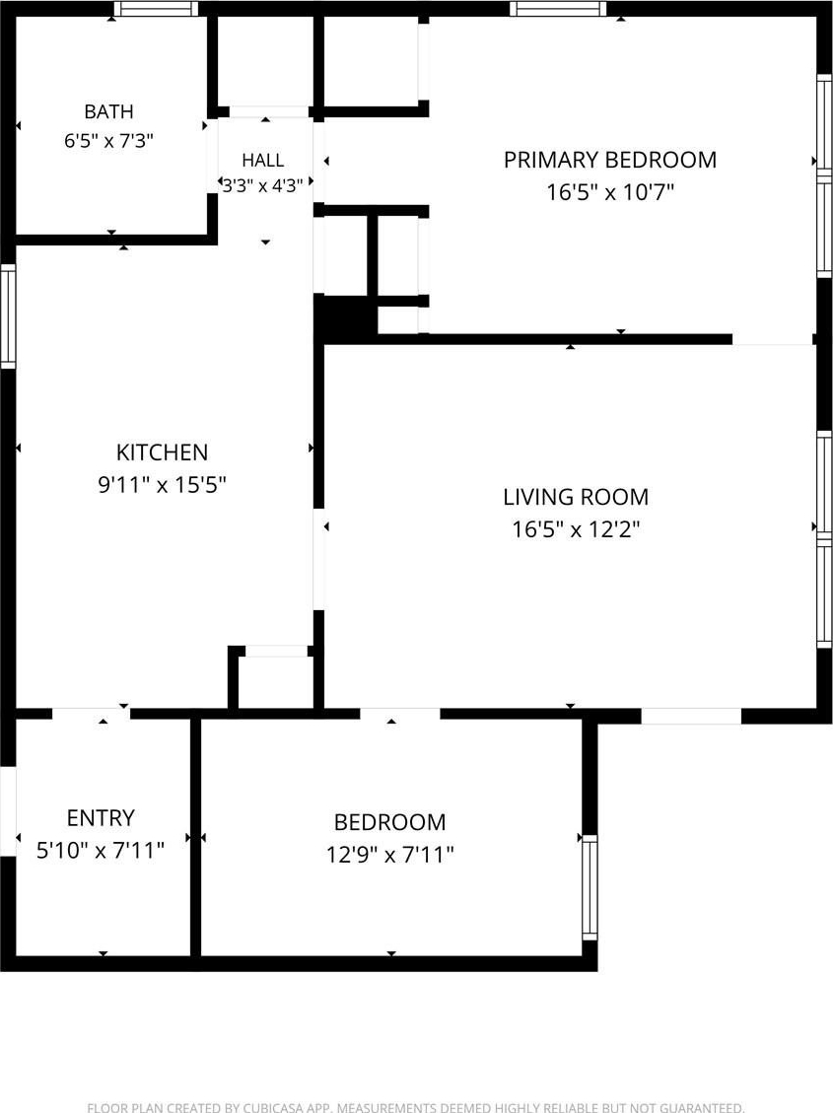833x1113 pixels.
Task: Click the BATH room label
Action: [x=108, y=111]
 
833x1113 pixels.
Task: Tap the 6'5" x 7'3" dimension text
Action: [x=108, y=141]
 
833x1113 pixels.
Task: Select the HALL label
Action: [x=262, y=161]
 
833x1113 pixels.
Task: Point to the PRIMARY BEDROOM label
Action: [x=610, y=160]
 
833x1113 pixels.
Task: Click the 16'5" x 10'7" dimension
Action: [x=610, y=192]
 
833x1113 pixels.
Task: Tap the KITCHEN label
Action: [x=162, y=452]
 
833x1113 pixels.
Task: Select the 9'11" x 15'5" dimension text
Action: [x=162, y=485]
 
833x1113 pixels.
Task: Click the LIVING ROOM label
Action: [x=576, y=497]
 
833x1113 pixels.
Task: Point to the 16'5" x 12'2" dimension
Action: [x=576, y=529]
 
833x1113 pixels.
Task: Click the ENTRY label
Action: [x=100, y=817]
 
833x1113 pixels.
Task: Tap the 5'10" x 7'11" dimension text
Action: [x=100, y=850]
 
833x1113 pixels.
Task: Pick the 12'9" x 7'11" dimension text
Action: [x=389, y=854]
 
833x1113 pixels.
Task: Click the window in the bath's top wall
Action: [x=156, y=9]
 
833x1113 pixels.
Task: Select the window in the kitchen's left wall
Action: [x=8, y=315]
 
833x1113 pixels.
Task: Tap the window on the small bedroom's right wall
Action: [x=590, y=887]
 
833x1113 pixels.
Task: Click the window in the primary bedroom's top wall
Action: [x=558, y=9]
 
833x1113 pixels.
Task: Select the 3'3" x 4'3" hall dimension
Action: [x=262, y=186]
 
